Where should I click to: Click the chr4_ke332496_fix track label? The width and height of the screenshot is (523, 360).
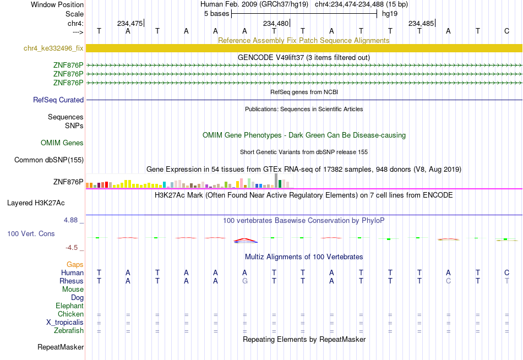[53, 48]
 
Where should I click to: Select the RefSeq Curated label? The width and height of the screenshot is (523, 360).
[58, 100]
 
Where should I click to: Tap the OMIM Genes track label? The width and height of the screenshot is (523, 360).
[62, 143]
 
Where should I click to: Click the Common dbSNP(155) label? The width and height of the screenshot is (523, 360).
[49, 160]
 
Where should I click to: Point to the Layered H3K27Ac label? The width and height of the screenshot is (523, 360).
[36, 203]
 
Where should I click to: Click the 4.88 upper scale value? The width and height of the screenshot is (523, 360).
[70, 220]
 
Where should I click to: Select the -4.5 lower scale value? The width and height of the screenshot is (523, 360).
[72, 248]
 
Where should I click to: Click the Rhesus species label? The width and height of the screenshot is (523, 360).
[72, 281]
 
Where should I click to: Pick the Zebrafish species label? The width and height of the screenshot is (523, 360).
[69, 330]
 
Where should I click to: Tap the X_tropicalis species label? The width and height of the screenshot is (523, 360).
[65, 323]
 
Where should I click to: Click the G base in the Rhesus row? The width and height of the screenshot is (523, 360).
[245, 281]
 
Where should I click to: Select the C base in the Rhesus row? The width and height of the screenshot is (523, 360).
[448, 281]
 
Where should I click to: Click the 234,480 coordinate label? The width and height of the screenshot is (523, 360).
[275, 23]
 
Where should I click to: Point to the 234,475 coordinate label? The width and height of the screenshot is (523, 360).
[130, 23]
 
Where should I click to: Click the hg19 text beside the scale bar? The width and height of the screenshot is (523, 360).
[390, 14]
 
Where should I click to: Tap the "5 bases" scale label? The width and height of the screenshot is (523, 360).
[217, 14]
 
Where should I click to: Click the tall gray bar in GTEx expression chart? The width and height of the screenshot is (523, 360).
[276, 181]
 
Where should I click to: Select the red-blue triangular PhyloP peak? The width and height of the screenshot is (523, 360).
[245, 240]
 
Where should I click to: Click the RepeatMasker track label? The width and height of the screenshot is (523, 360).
[61, 347]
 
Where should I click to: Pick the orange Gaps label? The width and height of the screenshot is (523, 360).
[75, 265]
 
